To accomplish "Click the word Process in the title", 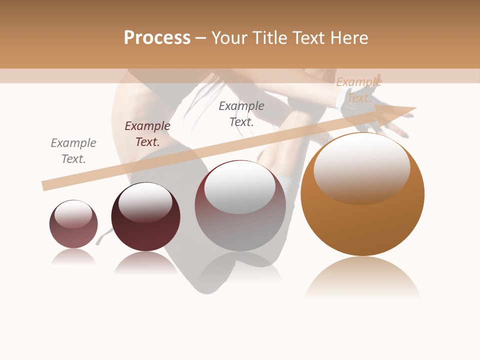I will [157, 38].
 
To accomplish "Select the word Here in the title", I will [349, 38].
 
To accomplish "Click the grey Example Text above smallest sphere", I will [73, 151].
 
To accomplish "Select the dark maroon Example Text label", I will [147, 134].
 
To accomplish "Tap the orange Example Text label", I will [358, 90].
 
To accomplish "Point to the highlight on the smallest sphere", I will [73, 214].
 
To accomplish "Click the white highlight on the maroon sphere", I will [145, 201].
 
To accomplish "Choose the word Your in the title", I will [230, 38].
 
